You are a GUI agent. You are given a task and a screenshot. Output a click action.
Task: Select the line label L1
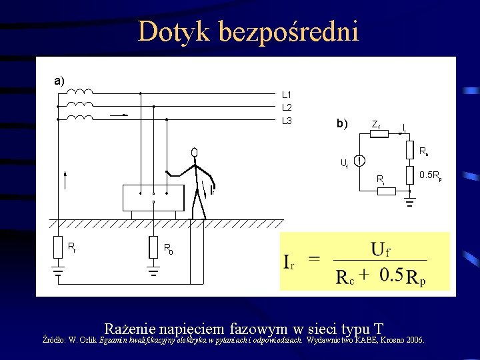[x=287, y=95]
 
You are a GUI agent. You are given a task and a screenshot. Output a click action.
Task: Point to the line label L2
[x=287, y=107]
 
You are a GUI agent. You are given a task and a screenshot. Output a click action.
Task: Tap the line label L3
[x=287, y=121]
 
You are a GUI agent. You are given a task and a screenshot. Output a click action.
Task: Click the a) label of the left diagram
[x=59, y=81]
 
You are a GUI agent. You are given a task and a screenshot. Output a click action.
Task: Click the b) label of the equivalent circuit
[x=342, y=124]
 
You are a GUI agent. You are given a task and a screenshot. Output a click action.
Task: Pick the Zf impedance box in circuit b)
[x=378, y=133]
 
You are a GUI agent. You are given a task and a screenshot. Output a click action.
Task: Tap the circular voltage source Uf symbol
[x=359, y=161]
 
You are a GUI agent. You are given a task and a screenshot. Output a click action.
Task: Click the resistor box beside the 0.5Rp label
[x=409, y=176]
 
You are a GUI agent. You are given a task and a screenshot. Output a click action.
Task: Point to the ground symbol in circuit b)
[x=410, y=201]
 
